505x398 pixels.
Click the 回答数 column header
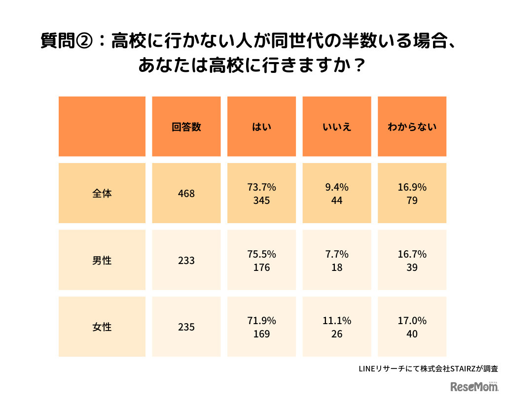coord(186,127)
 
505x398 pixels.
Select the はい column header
coord(261,127)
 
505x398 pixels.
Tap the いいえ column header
coord(337,127)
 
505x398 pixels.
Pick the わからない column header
coord(412,127)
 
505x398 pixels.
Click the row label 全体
coord(102,194)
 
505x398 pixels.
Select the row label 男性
coord(102,261)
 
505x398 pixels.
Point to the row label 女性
coord(102,327)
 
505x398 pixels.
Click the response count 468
coord(186,194)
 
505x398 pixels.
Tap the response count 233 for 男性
coord(186,261)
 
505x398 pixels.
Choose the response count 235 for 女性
coord(186,327)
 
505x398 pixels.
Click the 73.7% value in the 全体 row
coord(261,187)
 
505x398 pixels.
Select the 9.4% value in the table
coord(337,187)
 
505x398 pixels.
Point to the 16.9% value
coord(412,187)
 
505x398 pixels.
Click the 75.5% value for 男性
coord(261,254)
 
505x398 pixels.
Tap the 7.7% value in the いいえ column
coord(337,254)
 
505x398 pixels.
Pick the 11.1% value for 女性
coord(337,321)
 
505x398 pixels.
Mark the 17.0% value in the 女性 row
coord(412,321)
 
